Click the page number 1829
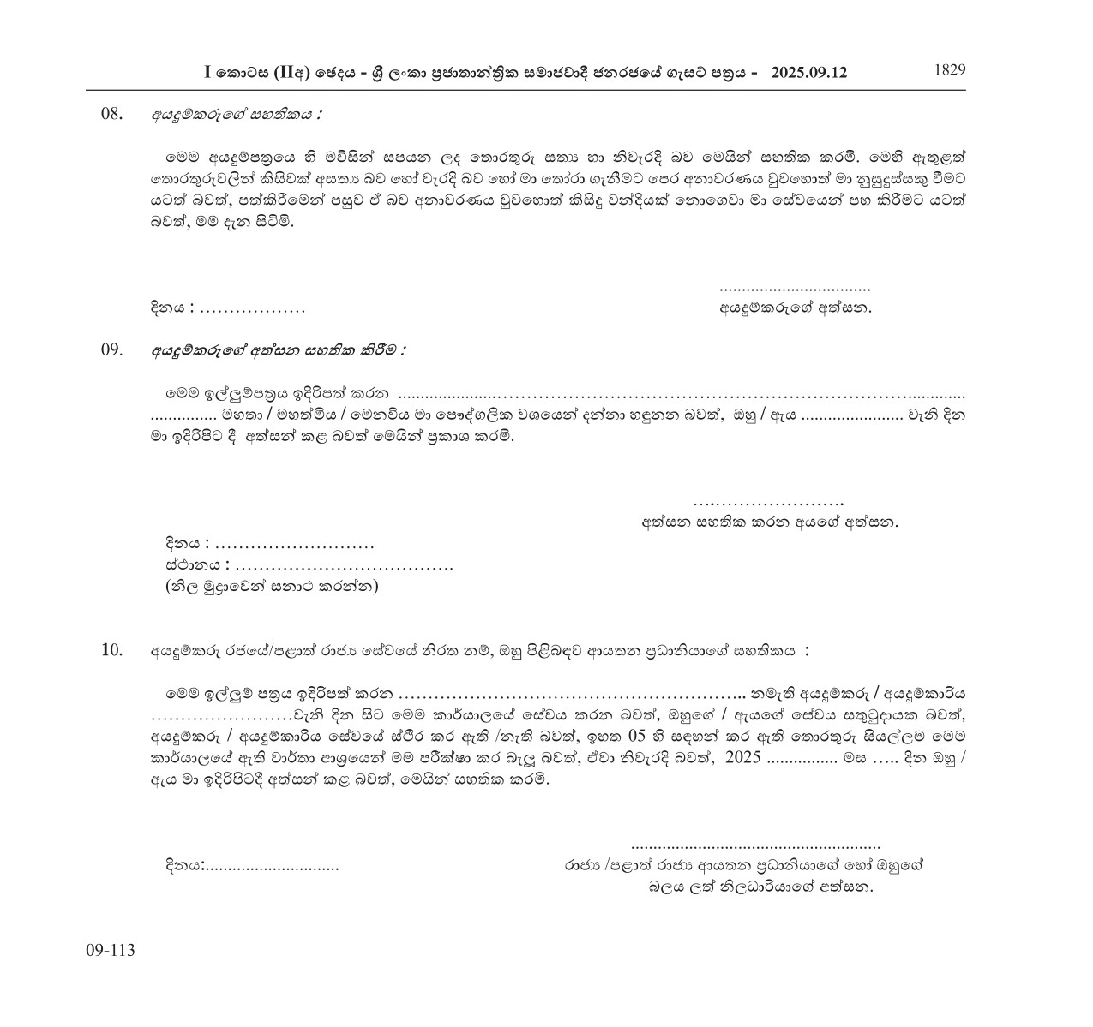click(949, 70)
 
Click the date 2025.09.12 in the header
click(808, 73)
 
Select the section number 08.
click(113, 114)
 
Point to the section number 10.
click(112, 650)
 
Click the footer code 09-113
click(111, 950)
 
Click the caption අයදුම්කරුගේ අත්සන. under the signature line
click(795, 307)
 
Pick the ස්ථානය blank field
click(343, 565)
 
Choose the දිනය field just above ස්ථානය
click(294, 545)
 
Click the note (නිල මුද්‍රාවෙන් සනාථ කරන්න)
click(272, 587)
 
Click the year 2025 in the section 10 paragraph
click(742, 760)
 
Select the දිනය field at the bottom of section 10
click(272, 867)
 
